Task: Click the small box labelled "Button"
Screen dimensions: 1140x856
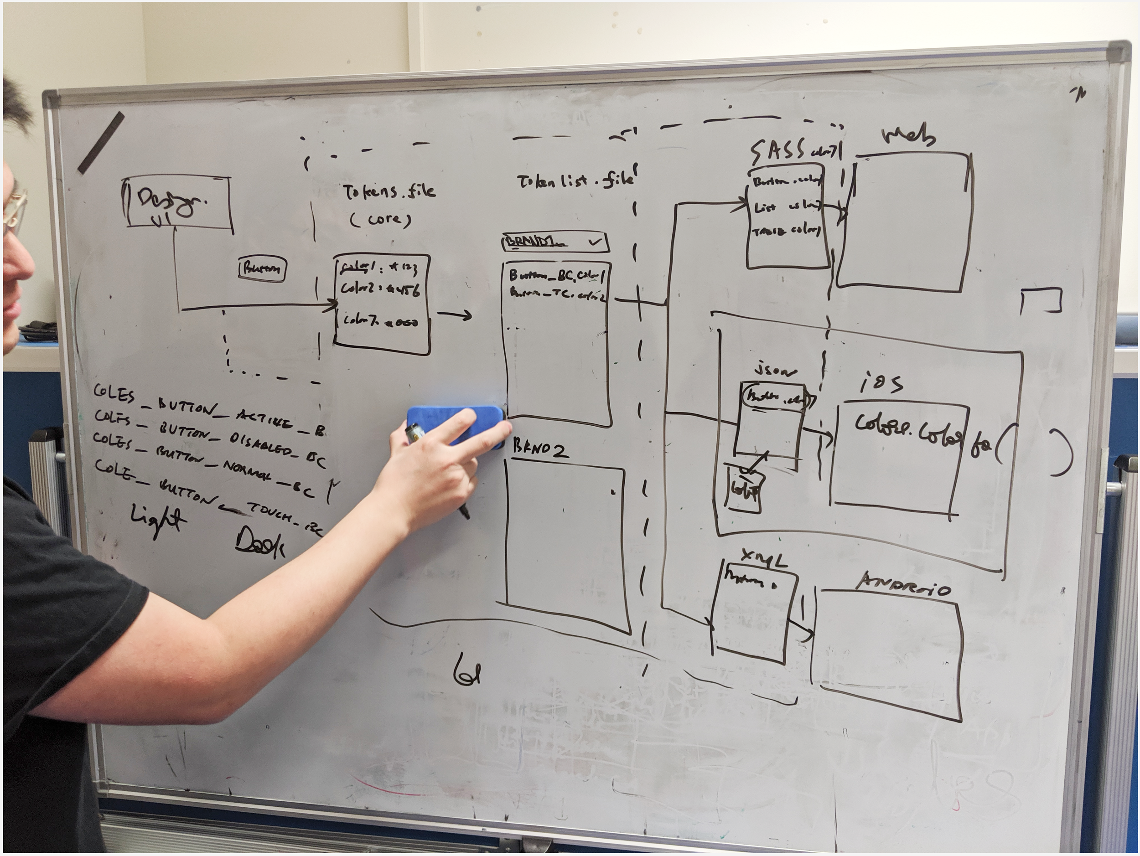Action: click(x=262, y=269)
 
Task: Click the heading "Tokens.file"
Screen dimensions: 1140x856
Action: click(x=389, y=191)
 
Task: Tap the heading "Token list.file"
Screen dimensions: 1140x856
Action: click(x=575, y=180)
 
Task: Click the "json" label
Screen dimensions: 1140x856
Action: click(x=775, y=371)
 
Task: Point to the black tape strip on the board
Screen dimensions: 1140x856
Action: click(x=102, y=142)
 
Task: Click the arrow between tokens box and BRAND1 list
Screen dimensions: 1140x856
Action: click(x=454, y=315)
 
